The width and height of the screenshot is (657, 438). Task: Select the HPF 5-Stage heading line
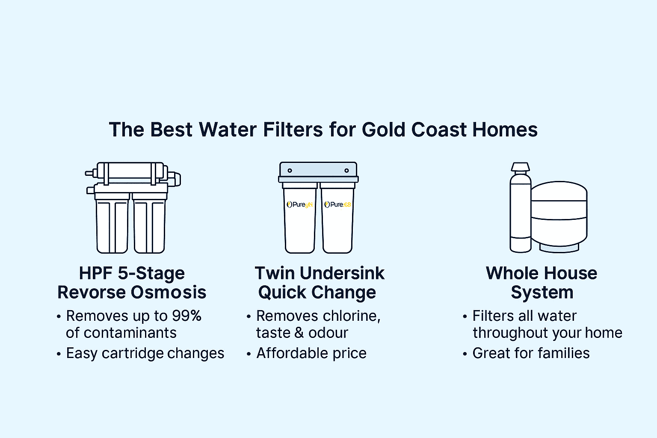point(132,273)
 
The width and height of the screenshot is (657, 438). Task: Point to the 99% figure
point(186,316)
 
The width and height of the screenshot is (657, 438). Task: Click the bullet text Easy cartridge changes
point(145,353)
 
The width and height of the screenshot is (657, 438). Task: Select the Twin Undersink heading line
point(320,273)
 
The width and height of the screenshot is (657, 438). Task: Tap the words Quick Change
point(317,293)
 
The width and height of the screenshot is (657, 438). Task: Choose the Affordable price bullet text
point(311,353)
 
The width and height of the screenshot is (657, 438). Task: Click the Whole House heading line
point(542,273)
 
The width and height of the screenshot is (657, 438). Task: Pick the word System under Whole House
point(542,293)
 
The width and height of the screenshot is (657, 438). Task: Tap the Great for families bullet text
point(531,353)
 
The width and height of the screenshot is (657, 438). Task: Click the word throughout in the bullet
point(506,333)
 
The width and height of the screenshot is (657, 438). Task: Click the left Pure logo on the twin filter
point(300,204)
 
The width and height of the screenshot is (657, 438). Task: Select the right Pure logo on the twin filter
point(337,204)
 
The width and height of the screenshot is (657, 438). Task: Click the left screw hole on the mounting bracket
point(290,171)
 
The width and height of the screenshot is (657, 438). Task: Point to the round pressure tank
point(559,216)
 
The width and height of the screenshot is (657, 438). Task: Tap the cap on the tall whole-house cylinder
point(520,168)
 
